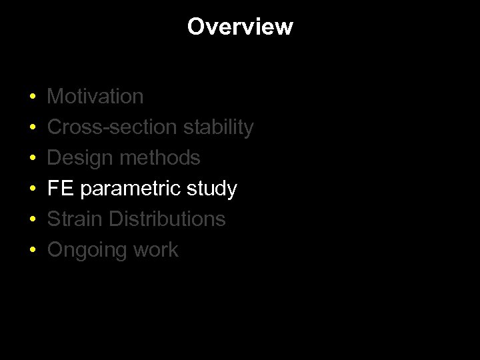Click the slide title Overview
(240, 27)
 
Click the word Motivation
(95, 97)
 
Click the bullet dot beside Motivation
(33, 97)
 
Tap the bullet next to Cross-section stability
(33, 128)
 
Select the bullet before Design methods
(33, 159)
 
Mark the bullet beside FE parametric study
(33, 189)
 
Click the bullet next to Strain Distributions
(33, 220)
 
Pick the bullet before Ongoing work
(33, 251)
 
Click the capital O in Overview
(195, 27)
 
